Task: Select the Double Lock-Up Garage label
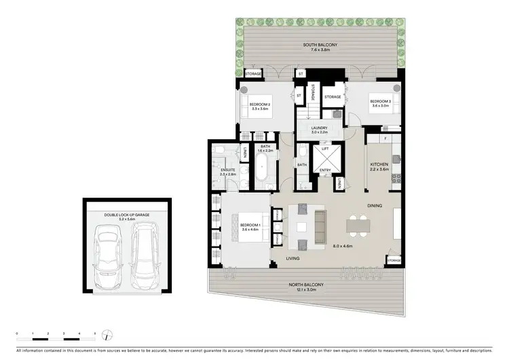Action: click(127, 214)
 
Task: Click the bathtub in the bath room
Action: click(262, 167)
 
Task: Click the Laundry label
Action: click(319, 128)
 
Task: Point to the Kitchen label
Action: click(379, 165)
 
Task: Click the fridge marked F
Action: click(385, 139)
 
